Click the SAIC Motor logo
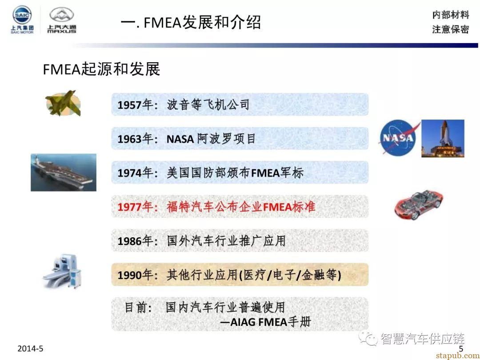tap(22, 19)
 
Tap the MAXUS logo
tap(61, 20)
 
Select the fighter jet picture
tap(64, 103)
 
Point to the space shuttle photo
tap(443, 138)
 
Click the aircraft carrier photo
tap(64, 172)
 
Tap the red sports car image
tap(419, 204)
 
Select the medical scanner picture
tap(62, 271)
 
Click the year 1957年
tap(135, 105)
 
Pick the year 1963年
tap(135, 139)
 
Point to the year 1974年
tap(135, 173)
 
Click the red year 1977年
tap(135, 207)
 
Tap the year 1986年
tap(135, 241)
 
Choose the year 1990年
tap(135, 275)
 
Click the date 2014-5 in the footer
tap(30, 348)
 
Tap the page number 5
tap(461, 349)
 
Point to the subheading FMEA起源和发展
tap(102, 69)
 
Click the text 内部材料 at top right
tap(451, 14)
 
